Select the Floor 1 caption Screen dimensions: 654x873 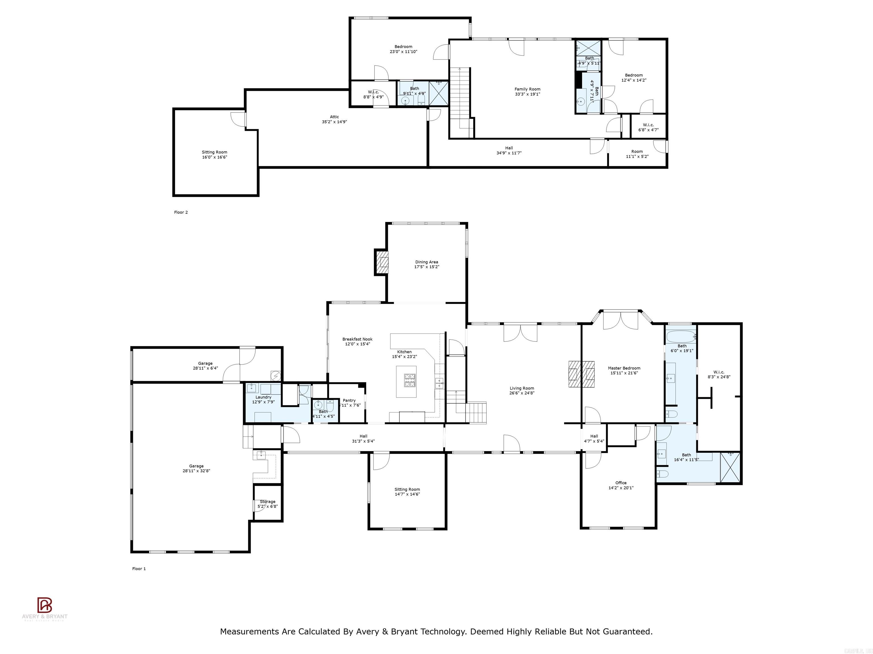[139, 569]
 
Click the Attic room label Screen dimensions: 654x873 [334, 117]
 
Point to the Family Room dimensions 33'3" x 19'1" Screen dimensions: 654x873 [527, 94]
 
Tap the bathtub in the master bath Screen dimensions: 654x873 [680, 337]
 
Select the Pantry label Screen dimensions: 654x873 [349, 401]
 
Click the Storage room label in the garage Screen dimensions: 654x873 [268, 502]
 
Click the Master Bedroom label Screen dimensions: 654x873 [624, 368]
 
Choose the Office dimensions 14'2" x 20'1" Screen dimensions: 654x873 [621, 488]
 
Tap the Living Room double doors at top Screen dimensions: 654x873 [520, 332]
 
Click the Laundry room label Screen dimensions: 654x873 [263, 397]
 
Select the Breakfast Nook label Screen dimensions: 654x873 [357, 339]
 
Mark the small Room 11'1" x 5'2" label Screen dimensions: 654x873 [637, 151]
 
